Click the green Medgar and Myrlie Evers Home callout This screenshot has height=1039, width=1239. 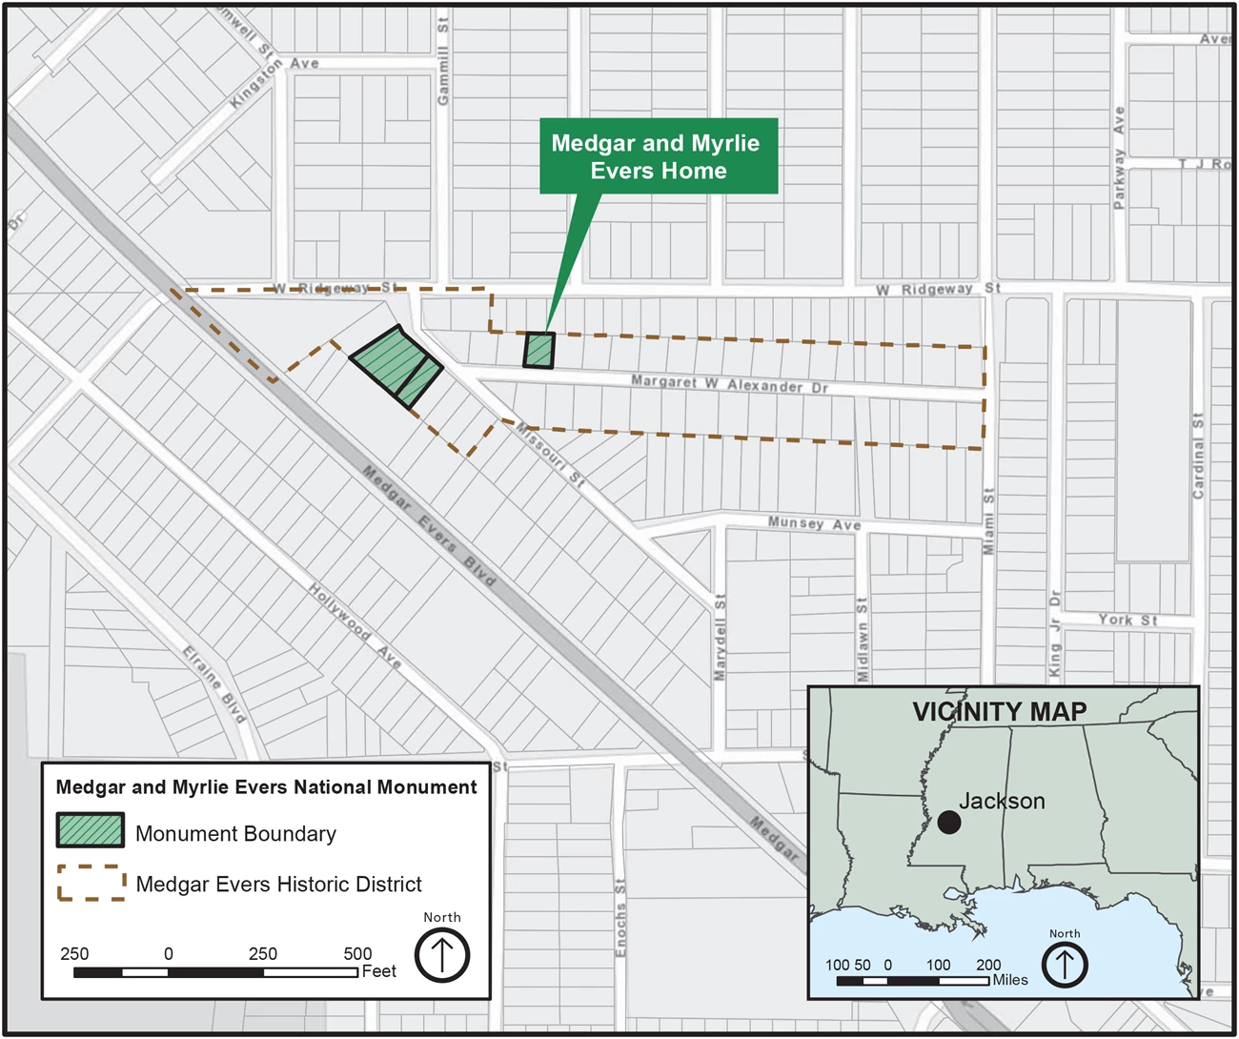coord(659,156)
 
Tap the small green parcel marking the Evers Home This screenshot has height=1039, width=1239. coord(538,350)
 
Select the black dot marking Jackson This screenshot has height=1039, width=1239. coord(948,822)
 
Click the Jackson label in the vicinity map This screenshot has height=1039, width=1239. coord(1002,801)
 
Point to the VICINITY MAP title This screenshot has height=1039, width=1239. coord(999,712)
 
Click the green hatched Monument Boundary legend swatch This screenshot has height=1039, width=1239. coord(91,830)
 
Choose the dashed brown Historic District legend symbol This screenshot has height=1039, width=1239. coord(91,883)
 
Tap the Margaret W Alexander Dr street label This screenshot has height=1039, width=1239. coord(729,384)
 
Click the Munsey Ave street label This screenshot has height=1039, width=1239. coord(814,523)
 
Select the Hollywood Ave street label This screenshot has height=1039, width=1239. coord(355,625)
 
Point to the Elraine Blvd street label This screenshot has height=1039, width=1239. coord(214,683)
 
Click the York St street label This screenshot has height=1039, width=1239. coord(1127,620)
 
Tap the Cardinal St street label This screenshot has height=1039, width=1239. coord(1198,456)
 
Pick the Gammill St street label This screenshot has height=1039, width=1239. coord(442,63)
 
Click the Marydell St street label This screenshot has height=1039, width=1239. coord(721,637)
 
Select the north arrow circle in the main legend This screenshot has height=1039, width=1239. coord(442,954)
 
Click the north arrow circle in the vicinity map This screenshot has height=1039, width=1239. coord(1065,965)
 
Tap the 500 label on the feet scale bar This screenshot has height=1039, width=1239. coord(357,953)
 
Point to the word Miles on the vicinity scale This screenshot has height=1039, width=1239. coord(1010,980)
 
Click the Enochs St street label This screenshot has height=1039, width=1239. coord(620,917)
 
